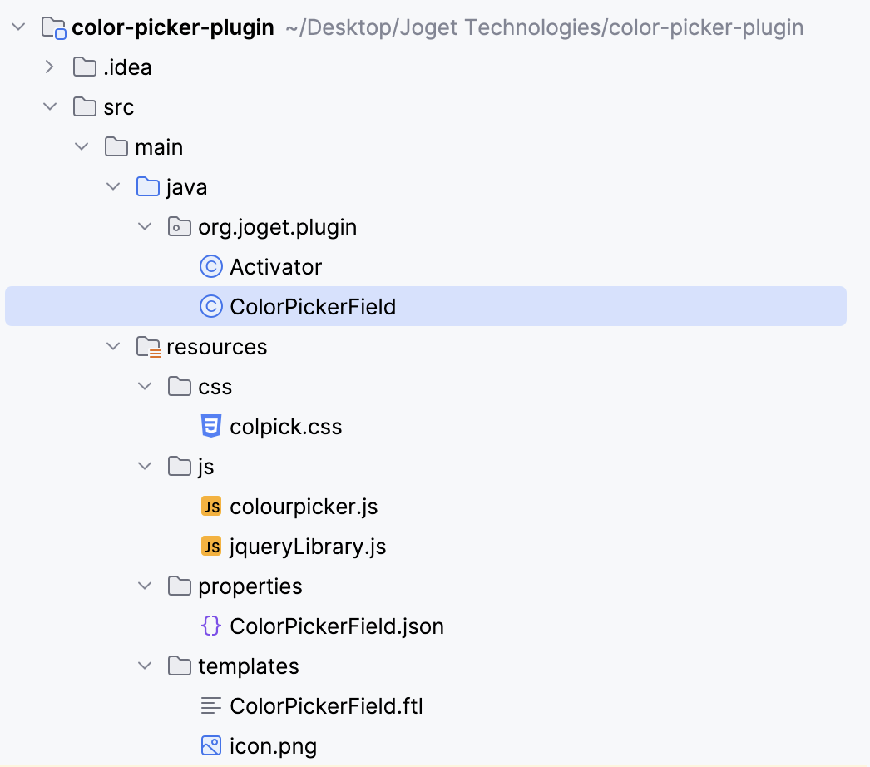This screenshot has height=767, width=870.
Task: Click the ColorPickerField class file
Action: pos(313,307)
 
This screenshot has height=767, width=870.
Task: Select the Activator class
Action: pos(275,267)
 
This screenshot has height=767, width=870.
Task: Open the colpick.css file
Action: pos(285,427)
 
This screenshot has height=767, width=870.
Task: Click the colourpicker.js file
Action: pos(304,507)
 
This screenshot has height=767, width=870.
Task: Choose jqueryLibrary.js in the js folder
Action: pos(308,547)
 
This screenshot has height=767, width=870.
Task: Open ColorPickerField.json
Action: pos(336,626)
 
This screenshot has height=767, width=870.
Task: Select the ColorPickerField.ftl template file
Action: pos(326,706)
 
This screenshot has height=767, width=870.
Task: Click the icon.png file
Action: pos(273,746)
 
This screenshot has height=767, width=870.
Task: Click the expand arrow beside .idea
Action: pos(50,67)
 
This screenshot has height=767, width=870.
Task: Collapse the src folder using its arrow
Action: pos(50,107)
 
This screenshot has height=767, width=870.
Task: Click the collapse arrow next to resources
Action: pos(113,347)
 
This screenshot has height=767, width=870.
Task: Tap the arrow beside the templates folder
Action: pos(145,666)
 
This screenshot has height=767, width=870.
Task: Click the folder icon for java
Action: pos(148,187)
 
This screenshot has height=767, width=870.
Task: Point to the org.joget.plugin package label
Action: pos(277,227)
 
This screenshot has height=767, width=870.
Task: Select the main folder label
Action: pos(159,147)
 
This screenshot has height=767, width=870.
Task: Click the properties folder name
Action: pos(250,586)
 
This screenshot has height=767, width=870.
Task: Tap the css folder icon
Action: pos(180,387)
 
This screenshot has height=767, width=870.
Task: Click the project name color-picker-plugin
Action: pos(173,27)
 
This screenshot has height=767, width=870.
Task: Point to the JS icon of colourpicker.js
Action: pos(212,507)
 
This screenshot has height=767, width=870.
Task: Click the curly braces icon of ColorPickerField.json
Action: pos(212,626)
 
